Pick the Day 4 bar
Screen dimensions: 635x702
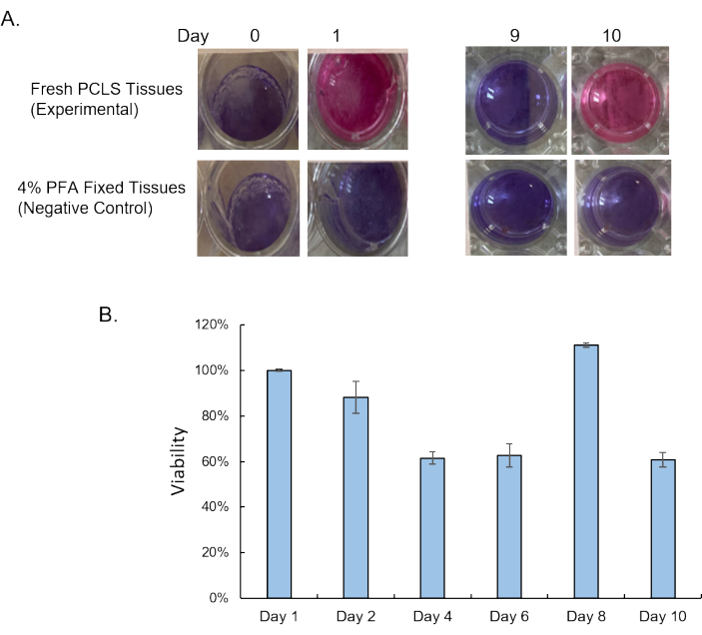point(430,528)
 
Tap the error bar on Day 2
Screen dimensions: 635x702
point(354,396)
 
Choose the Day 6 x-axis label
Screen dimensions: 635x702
point(505,617)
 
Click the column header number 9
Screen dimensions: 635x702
point(517,35)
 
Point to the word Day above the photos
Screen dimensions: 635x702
point(193,35)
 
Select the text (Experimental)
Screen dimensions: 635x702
point(73,110)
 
